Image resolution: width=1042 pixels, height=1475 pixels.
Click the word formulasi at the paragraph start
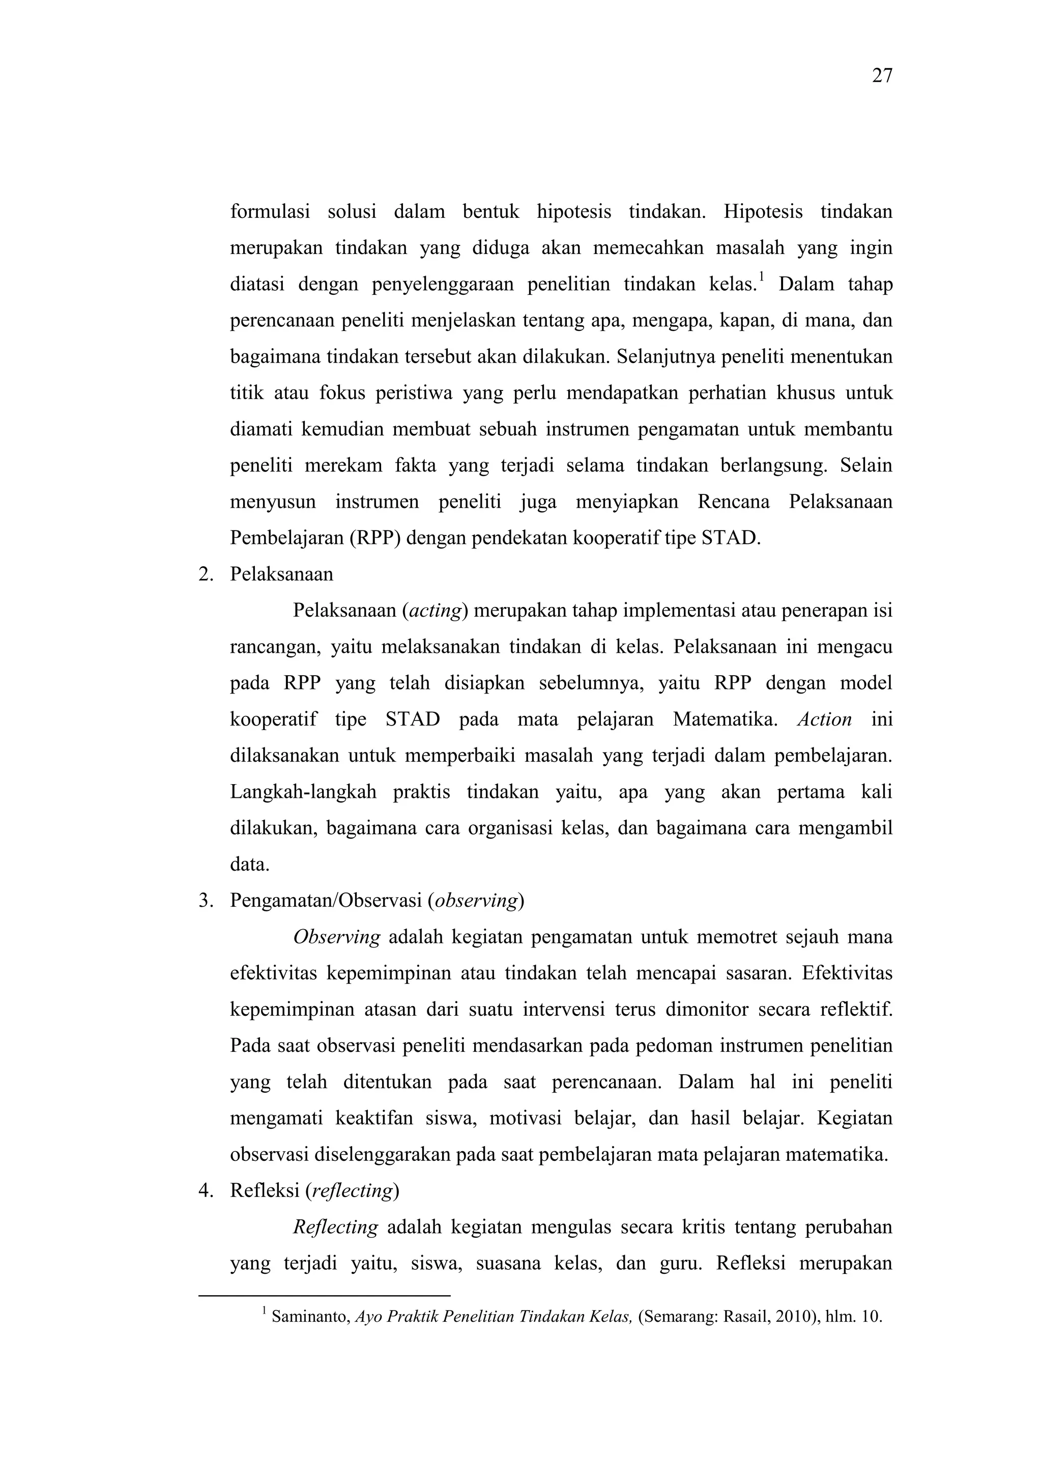pos(270,211)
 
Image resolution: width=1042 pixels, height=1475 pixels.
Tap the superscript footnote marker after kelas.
pos(762,277)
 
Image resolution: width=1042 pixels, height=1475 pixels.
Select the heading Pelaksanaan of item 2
pos(281,574)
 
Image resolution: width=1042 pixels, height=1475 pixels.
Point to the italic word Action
pos(824,719)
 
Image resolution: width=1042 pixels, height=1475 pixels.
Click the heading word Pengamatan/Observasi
pos(326,901)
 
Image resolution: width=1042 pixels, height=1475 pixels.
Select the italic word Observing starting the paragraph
pos(336,937)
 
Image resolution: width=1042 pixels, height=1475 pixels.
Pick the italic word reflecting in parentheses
pos(352,1191)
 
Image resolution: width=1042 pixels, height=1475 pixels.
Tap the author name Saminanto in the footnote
pos(310,1317)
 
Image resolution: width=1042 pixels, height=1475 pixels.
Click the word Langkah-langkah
pos(303,792)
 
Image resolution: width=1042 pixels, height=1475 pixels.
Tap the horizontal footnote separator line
pos(324,1296)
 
